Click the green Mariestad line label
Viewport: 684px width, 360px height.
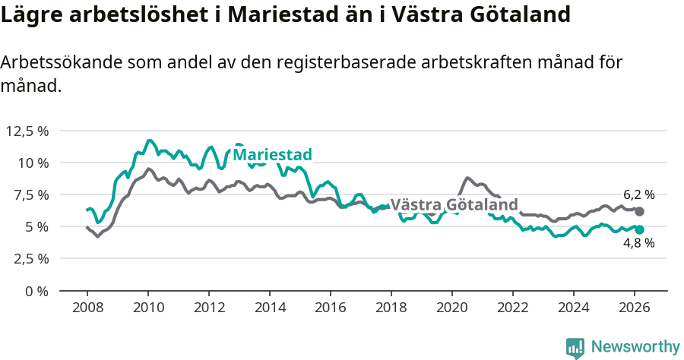click(272, 155)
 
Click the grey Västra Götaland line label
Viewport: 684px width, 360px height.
click(454, 205)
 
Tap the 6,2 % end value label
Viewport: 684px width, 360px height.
click(638, 195)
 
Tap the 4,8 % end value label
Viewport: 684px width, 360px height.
click(638, 244)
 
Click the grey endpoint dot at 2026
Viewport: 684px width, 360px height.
click(639, 211)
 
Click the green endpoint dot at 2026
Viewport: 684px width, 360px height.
click(639, 229)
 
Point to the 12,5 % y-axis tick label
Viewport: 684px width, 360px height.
click(27, 131)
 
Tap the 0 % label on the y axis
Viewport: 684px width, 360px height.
click(36, 290)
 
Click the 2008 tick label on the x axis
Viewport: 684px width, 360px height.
click(87, 308)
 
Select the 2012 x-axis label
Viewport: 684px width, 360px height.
click(208, 308)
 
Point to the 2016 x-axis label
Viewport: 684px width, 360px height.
click(330, 308)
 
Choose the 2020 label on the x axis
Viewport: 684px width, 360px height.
click(451, 308)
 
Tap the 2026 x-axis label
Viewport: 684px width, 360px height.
click(634, 308)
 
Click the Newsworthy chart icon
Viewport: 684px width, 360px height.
click(575, 348)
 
